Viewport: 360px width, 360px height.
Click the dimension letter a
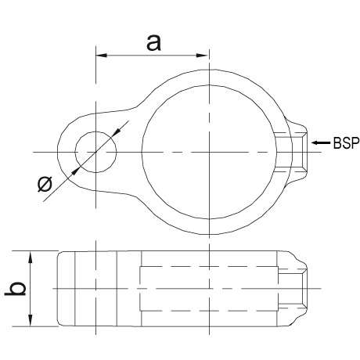point(153,43)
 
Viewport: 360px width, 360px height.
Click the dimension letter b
point(16,289)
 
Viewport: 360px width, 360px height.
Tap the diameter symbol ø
point(45,184)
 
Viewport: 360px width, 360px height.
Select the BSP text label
point(346,143)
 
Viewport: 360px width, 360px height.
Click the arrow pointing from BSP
point(321,142)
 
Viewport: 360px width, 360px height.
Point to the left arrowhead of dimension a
point(102,56)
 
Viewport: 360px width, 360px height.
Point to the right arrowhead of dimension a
point(202,56)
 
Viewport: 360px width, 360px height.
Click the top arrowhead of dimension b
point(31,257)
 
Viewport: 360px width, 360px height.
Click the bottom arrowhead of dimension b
point(31,320)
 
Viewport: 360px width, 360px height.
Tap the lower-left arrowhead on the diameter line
point(75,171)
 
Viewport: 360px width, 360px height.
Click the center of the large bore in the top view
point(209,152)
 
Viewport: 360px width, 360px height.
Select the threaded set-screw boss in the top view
point(297,152)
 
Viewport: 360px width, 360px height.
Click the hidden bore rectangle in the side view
point(209,267)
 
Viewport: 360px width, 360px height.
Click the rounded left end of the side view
point(58,289)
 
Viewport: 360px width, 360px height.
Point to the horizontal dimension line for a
point(152,56)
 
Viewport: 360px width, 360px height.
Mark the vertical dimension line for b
point(31,289)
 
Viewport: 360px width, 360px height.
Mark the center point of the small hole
point(95,152)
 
